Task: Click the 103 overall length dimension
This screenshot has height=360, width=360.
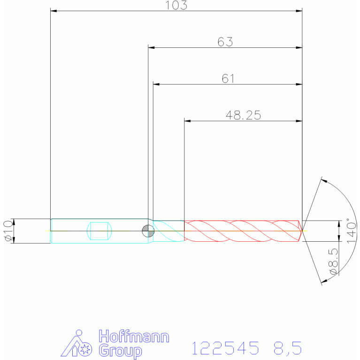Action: [x=176, y=5]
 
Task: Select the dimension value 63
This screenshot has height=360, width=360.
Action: [x=225, y=42]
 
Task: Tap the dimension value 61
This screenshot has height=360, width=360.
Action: [x=228, y=78]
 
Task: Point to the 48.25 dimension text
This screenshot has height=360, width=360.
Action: [x=244, y=115]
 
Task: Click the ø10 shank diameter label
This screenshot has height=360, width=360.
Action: [x=8, y=231]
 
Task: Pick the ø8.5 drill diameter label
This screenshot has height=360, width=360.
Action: [x=334, y=261]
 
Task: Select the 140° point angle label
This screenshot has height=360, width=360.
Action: [x=351, y=231]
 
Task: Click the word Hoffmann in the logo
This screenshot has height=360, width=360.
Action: [x=134, y=337]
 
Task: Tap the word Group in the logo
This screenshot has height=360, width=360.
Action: [x=121, y=351]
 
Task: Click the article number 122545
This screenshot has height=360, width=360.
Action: [x=225, y=348]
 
